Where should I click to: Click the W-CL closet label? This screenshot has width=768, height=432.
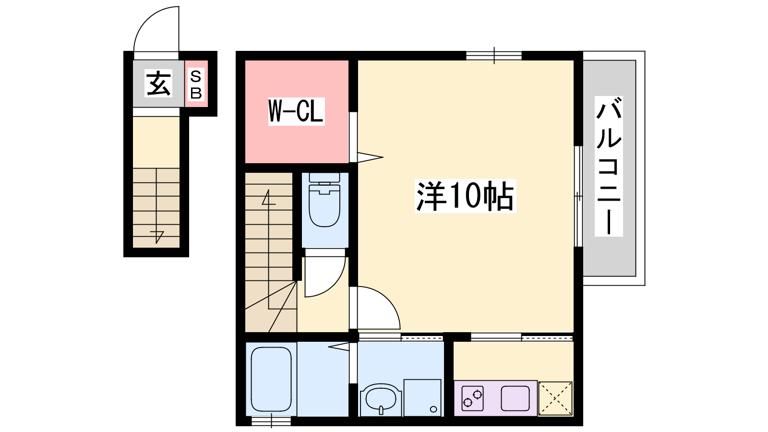coord(296,111)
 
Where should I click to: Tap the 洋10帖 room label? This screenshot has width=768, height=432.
coord(465,196)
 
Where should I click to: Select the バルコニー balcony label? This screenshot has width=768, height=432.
coord(609,166)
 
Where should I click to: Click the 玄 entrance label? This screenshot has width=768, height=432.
coord(158,84)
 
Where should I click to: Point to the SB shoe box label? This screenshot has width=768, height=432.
coord(196,84)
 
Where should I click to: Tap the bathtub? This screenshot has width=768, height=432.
coord(271,379)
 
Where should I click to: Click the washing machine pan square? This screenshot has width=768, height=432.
coord(422,398)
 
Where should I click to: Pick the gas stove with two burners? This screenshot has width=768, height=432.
coord(472,398)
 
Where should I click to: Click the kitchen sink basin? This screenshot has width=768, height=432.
coord(516,398)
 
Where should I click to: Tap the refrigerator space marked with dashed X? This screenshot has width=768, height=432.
coord(555,398)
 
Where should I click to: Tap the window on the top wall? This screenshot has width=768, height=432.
coord(494,56)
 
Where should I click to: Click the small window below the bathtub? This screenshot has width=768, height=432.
coord(271,420)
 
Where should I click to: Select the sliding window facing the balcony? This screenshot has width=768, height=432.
coord(578,196)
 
